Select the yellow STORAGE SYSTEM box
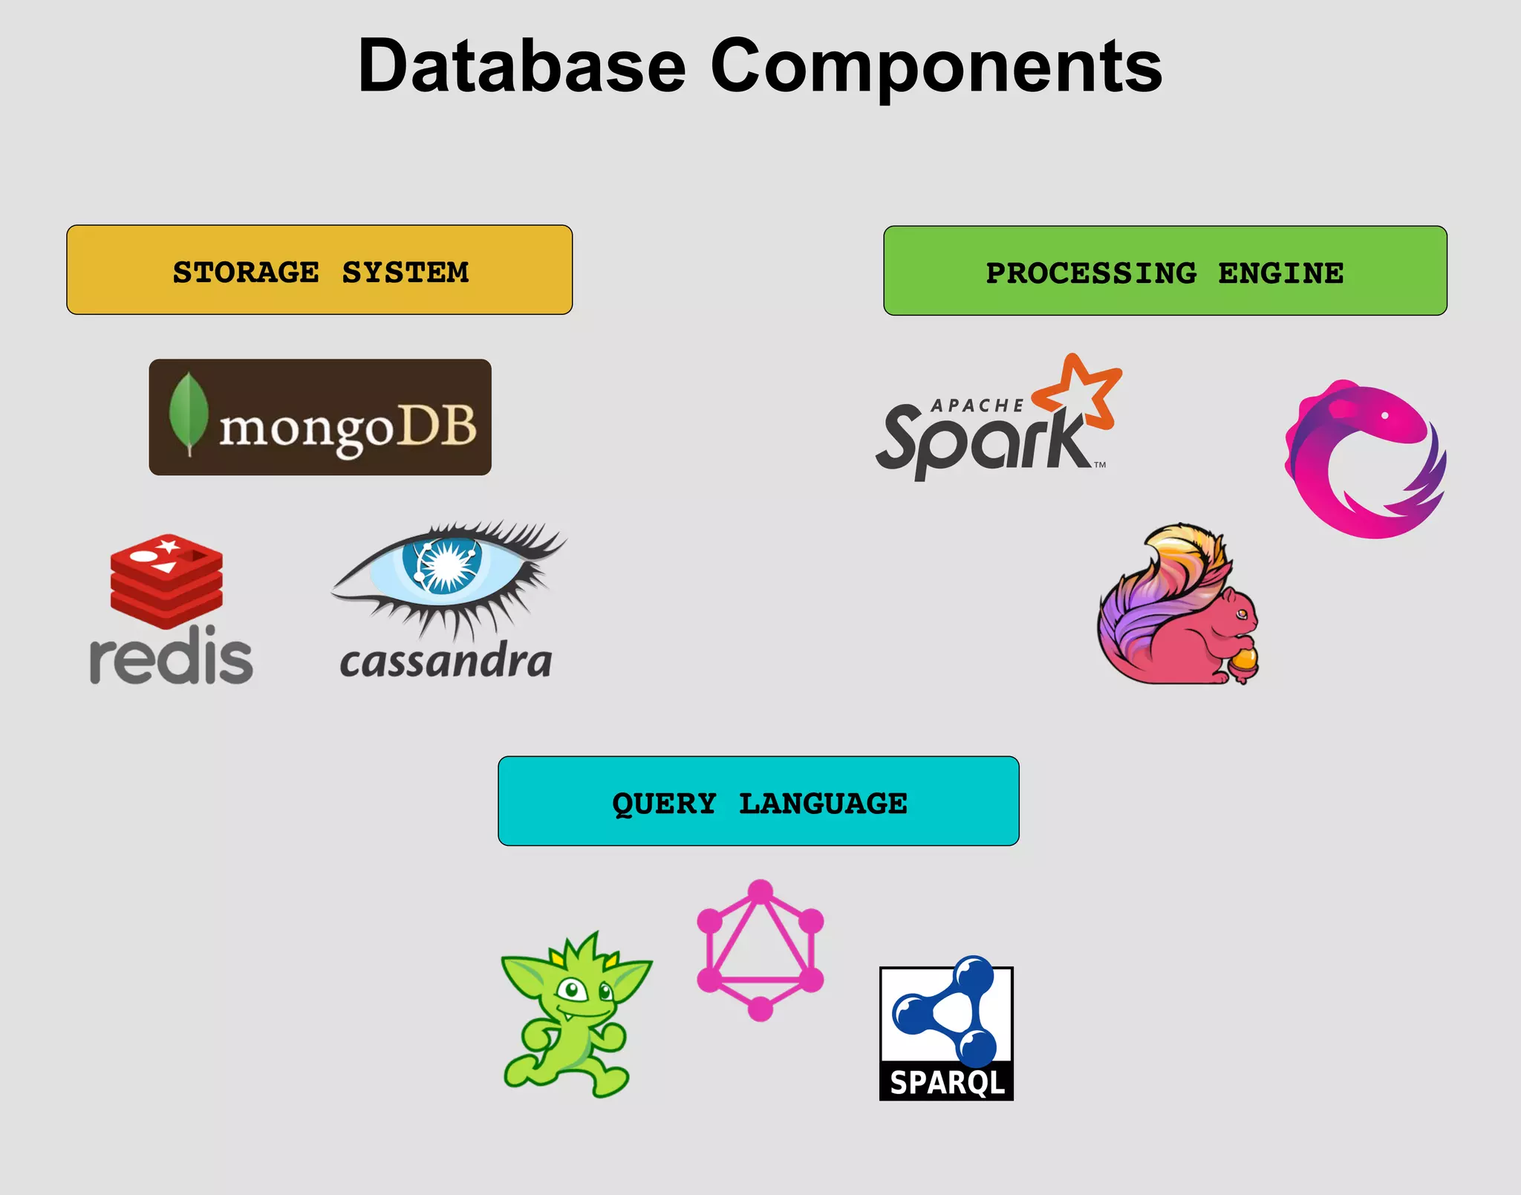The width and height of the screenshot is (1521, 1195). [x=319, y=270]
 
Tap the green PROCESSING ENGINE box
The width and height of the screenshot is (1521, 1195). [x=1165, y=271]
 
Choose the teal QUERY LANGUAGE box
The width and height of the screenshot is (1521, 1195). [x=758, y=801]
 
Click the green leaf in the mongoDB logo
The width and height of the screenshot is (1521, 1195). [x=188, y=412]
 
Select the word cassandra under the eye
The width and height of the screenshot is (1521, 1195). [x=446, y=661]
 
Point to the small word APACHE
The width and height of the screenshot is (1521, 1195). [x=977, y=406]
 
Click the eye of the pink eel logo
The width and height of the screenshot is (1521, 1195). [x=1384, y=416]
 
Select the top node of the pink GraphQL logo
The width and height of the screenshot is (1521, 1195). [x=760, y=890]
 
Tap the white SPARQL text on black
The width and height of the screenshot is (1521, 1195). [x=946, y=1082]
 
